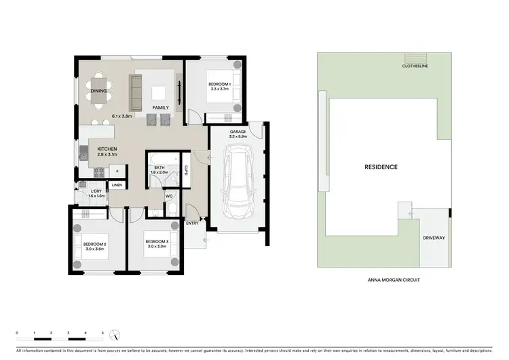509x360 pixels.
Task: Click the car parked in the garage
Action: coord(238,183)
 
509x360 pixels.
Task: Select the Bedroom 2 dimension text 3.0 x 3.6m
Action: coord(95,249)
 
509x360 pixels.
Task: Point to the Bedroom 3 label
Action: coord(157,241)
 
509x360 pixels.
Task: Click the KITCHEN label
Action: coord(107,149)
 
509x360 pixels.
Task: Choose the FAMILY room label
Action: coord(160,108)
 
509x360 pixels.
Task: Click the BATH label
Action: coord(159,167)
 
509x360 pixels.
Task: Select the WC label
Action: coord(169,197)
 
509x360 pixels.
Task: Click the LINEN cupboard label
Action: coord(117,185)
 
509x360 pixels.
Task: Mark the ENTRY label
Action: coord(192,223)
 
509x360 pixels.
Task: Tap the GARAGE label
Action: coord(237,132)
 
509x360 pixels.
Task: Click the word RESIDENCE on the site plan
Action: coord(381,166)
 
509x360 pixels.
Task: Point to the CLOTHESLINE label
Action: coord(413,67)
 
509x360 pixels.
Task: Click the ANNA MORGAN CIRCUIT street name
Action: coord(394,279)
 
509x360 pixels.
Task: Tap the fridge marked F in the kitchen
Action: coord(117,171)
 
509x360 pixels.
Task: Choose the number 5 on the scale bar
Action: coord(102,332)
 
